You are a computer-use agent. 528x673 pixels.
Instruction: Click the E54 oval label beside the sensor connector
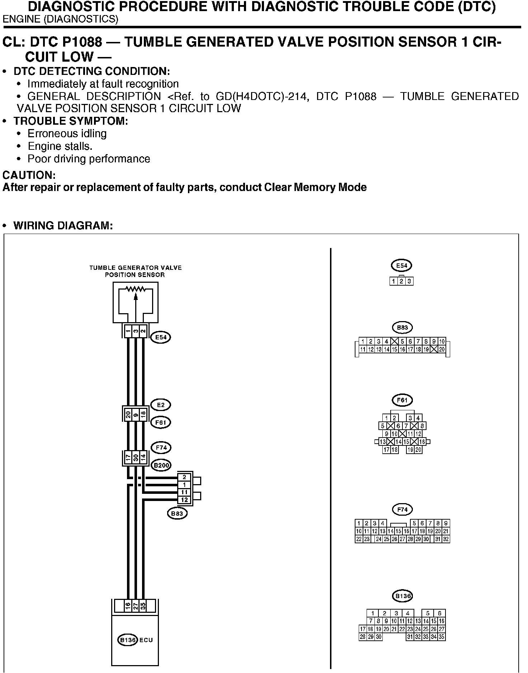160,337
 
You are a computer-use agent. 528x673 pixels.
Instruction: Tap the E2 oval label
160,405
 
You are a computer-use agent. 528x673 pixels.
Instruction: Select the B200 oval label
161,466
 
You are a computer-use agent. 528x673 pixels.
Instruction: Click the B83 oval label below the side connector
177,514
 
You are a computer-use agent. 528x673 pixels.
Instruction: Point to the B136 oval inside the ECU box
127,640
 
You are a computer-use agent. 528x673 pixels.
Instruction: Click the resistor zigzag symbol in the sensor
136,289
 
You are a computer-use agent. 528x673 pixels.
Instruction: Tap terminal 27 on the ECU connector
136,606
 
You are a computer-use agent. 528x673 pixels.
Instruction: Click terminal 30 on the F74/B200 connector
136,458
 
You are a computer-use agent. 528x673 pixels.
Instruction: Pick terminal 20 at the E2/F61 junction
128,415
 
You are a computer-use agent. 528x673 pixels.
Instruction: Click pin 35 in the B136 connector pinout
442,637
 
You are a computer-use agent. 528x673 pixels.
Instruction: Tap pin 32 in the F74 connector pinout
446,539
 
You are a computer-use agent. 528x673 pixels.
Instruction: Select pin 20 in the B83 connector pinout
442,349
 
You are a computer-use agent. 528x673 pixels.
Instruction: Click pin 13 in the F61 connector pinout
383,442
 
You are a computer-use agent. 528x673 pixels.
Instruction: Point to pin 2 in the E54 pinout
402,281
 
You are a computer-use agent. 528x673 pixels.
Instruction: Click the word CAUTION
29,175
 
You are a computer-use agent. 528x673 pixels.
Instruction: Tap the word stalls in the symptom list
79,146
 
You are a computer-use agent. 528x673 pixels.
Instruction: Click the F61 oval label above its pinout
402,400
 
